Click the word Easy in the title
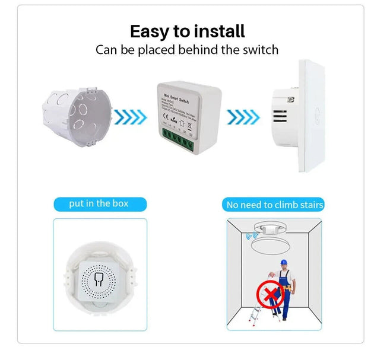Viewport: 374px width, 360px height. (150, 31)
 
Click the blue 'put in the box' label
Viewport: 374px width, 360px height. (99, 204)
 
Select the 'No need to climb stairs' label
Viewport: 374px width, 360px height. (275, 205)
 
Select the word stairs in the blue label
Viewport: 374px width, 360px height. (311, 205)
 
